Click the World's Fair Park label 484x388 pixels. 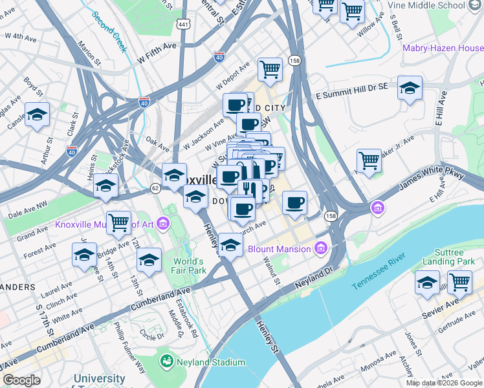(x=189, y=266)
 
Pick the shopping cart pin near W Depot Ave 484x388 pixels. (x=270, y=69)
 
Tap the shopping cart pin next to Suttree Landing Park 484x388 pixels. (x=459, y=282)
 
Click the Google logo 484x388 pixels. (x=22, y=380)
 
